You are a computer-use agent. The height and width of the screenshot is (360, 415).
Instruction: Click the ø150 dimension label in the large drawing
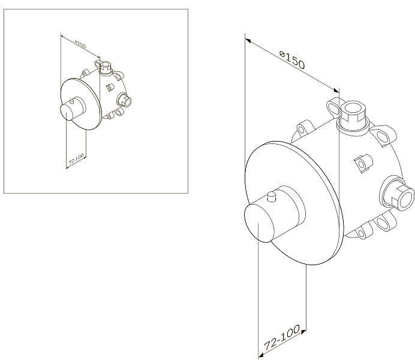pos(292,61)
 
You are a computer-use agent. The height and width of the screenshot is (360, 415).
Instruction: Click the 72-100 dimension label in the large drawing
pos(282,337)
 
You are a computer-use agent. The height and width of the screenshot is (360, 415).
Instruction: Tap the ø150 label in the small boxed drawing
pos(80,44)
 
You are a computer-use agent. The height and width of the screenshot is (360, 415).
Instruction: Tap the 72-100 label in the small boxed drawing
pos(76,159)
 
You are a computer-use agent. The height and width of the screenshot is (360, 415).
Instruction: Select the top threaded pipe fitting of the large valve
pos(352,116)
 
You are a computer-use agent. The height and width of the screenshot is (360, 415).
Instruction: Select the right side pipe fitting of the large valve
pos(397,193)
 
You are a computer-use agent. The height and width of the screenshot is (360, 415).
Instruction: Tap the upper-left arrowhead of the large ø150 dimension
pos(248,40)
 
